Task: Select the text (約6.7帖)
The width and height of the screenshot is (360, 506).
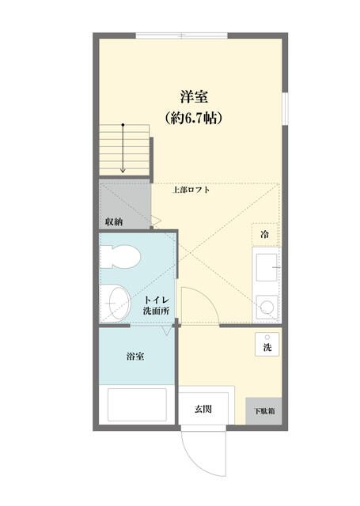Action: click(193, 119)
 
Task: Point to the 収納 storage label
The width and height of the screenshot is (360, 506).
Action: click(113, 221)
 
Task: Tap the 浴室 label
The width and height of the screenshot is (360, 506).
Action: click(135, 357)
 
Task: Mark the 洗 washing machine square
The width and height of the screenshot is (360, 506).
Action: click(267, 345)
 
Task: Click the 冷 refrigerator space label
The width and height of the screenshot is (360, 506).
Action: click(264, 234)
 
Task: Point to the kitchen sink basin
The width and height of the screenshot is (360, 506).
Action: click(265, 269)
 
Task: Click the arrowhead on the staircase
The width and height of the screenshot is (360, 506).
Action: click(123, 170)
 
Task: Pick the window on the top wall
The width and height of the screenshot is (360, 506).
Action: click(181, 36)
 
